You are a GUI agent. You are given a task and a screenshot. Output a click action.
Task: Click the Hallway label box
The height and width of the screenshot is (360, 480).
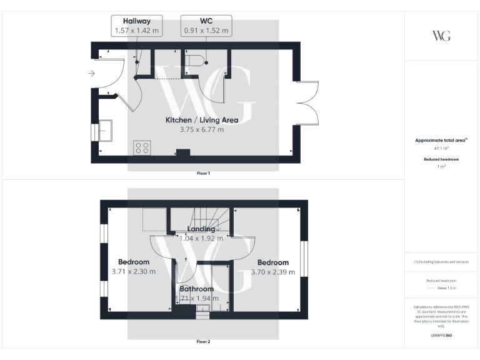coord(137,26)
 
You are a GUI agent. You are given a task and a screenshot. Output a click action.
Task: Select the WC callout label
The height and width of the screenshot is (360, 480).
coord(206,26)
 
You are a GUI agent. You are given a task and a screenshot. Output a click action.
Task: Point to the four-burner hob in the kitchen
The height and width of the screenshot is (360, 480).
coord(142,148)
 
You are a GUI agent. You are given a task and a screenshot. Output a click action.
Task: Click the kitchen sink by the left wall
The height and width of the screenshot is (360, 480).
coord(104,131)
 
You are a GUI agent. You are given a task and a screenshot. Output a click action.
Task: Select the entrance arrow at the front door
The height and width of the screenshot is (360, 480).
coord(92,74)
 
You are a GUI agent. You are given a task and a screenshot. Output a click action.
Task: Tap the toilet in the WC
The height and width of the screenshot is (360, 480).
coord(197,61)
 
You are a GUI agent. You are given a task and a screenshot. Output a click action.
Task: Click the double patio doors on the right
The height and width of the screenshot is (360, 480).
coord(307,103)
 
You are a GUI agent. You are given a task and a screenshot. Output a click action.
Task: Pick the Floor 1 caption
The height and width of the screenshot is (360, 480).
coord(204,172)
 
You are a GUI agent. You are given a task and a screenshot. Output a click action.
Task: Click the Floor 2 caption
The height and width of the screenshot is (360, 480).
coord(204,342)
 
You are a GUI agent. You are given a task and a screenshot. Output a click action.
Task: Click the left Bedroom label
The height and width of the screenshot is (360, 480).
coord(134,262)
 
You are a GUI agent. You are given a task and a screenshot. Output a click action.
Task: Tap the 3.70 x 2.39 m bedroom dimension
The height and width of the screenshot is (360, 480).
coord(272,272)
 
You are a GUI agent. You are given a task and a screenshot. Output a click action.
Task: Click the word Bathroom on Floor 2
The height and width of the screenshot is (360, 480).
coord(197,289)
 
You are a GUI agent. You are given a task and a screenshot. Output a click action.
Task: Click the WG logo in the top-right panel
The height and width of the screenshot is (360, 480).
coord(441,35)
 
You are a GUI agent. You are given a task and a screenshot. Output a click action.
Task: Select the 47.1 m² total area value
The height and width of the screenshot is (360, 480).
coord(441,149)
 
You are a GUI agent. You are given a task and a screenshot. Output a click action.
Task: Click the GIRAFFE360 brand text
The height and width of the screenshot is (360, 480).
coord(441,336)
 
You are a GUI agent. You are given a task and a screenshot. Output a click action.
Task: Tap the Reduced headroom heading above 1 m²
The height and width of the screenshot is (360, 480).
coord(441,159)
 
